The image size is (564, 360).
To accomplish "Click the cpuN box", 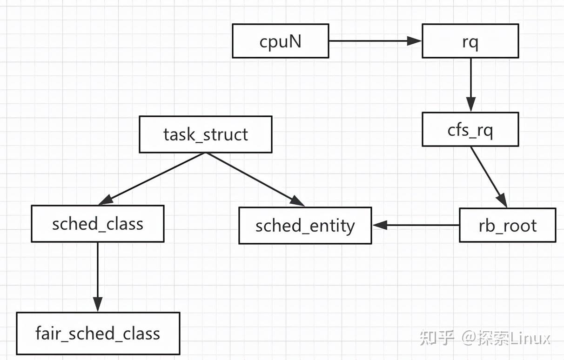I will [x=280, y=41].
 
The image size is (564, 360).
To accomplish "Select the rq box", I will [x=470, y=41].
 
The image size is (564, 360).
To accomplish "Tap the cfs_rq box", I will [x=470, y=130].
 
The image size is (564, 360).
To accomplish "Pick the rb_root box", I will [x=507, y=226].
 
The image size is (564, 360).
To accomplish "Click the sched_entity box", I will [x=305, y=226].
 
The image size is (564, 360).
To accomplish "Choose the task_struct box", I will [x=205, y=134].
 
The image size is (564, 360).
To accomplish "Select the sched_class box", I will [x=97, y=224].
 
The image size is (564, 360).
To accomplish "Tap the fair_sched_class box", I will [x=98, y=333].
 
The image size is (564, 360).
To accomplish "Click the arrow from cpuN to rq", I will [x=372, y=41].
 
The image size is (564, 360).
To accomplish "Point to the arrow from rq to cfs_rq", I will [x=470, y=84].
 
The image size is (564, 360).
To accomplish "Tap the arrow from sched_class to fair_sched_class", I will [x=98, y=274].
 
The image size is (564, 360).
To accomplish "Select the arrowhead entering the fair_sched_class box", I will [x=98, y=305].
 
